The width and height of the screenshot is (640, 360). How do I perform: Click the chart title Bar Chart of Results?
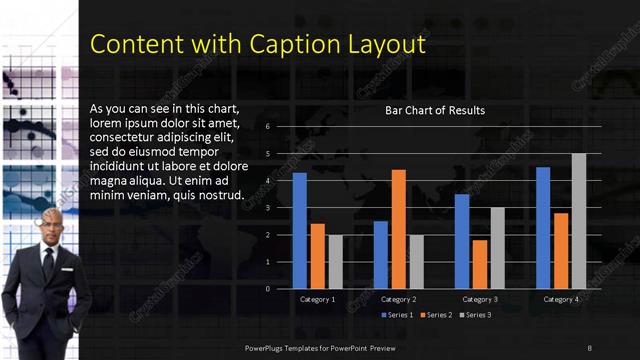click(435, 110)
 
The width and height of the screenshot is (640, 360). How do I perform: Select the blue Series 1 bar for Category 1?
click(299, 230)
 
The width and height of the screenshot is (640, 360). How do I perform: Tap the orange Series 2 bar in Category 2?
click(398, 229)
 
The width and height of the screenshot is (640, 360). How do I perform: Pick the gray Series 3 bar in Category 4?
click(579, 221)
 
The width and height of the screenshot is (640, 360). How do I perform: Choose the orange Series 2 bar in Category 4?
click(561, 250)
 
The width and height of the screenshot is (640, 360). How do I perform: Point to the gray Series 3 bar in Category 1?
click(335, 261)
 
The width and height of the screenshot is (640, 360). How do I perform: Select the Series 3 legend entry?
click(474, 315)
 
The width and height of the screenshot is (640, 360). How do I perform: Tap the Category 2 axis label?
click(398, 299)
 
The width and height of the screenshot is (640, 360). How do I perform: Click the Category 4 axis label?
click(561, 299)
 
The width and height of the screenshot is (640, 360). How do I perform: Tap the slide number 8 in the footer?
click(589, 347)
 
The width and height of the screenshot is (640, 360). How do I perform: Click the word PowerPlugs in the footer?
click(266, 347)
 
